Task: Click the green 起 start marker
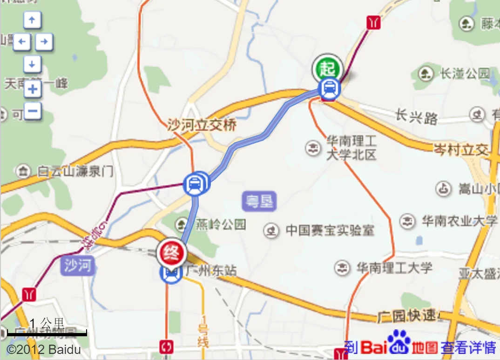point(327,69)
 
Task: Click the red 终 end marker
point(171,253)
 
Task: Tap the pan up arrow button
point(32,20)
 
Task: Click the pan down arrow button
point(32,64)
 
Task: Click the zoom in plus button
point(33,89)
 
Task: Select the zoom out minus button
point(33,111)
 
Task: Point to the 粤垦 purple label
point(259,202)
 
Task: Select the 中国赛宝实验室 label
point(330,230)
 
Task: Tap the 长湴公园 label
point(464,73)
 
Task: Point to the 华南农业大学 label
point(459,221)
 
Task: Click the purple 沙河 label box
point(78,266)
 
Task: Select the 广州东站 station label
point(210,270)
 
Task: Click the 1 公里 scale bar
point(47,333)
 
